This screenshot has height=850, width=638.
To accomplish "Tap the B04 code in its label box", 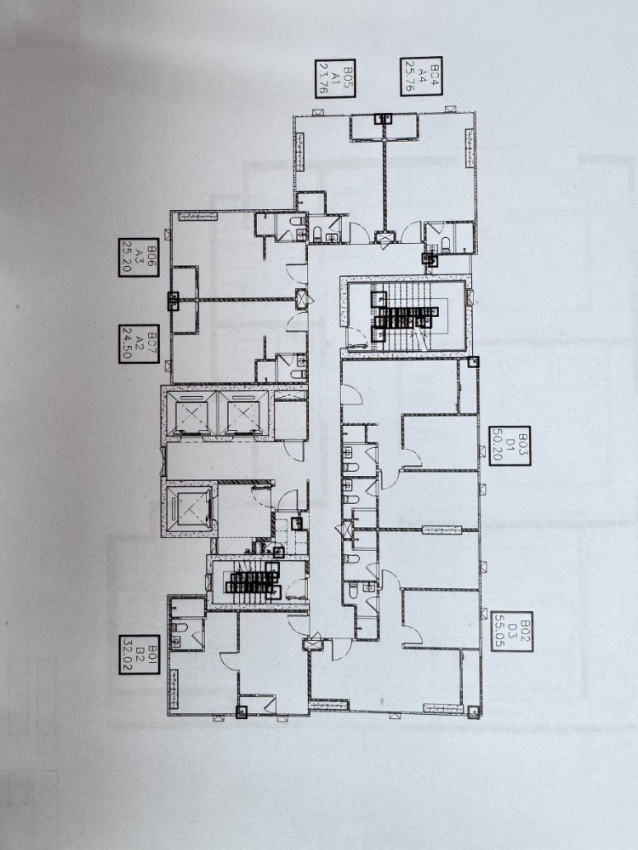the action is click(433, 76).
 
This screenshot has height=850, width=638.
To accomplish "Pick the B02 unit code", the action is click(524, 632).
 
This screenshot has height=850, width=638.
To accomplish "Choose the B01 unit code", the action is click(152, 654).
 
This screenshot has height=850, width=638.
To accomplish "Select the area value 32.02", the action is click(128, 654).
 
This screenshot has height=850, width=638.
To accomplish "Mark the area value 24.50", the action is click(128, 344).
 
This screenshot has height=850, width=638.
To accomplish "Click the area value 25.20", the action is click(128, 258).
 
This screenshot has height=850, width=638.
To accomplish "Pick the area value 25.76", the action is click(410, 76).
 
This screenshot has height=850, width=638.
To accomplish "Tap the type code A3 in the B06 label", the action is click(140, 258).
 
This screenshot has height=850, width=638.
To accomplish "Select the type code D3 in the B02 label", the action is click(511, 632).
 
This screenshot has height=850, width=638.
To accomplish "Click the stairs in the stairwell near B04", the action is click(406, 315).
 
